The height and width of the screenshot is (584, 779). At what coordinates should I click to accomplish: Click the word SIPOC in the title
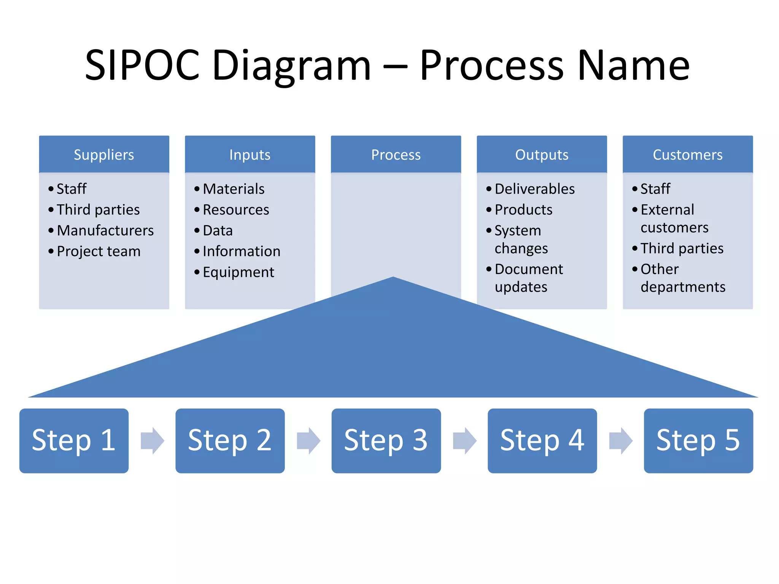click(142, 65)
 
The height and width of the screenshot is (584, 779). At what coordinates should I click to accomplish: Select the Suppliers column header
click(104, 155)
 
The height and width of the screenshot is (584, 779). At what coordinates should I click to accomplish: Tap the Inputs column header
click(250, 155)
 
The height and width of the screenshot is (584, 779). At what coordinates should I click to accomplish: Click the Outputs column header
click(542, 155)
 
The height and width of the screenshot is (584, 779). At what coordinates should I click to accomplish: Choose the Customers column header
click(688, 155)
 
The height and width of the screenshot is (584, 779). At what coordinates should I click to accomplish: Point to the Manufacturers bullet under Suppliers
click(105, 231)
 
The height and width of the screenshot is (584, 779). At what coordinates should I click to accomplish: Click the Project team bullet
click(99, 252)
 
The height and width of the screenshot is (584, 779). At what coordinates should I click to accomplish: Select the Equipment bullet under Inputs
click(238, 273)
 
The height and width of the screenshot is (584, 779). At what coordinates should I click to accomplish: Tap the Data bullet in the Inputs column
click(218, 231)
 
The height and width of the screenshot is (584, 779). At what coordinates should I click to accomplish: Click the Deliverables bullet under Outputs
click(534, 189)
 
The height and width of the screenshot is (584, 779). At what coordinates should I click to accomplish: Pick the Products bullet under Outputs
click(523, 210)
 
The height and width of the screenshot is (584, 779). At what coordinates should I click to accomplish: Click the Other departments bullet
click(682, 278)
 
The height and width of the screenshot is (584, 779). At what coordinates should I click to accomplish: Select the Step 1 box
click(74, 441)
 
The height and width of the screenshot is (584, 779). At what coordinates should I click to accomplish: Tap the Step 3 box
click(386, 441)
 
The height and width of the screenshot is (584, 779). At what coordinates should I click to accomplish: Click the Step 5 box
click(698, 441)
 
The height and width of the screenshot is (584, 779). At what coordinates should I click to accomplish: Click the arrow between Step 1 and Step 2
click(152, 441)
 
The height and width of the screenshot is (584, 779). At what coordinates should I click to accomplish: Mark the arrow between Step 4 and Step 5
click(620, 441)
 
